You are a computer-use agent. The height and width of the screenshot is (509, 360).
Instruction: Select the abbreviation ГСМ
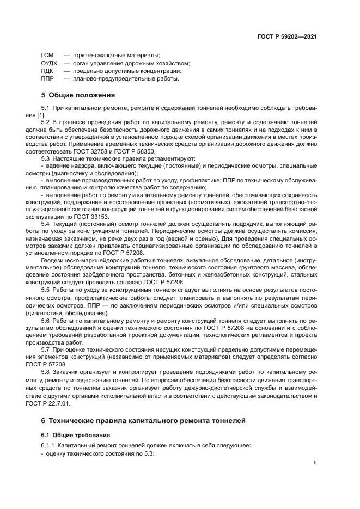[47, 56]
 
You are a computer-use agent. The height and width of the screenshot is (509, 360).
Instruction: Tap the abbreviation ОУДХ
[50, 63]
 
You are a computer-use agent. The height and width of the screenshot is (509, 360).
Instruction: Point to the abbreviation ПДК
[47, 71]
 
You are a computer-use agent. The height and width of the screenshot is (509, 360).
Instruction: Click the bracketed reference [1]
[56, 115]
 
